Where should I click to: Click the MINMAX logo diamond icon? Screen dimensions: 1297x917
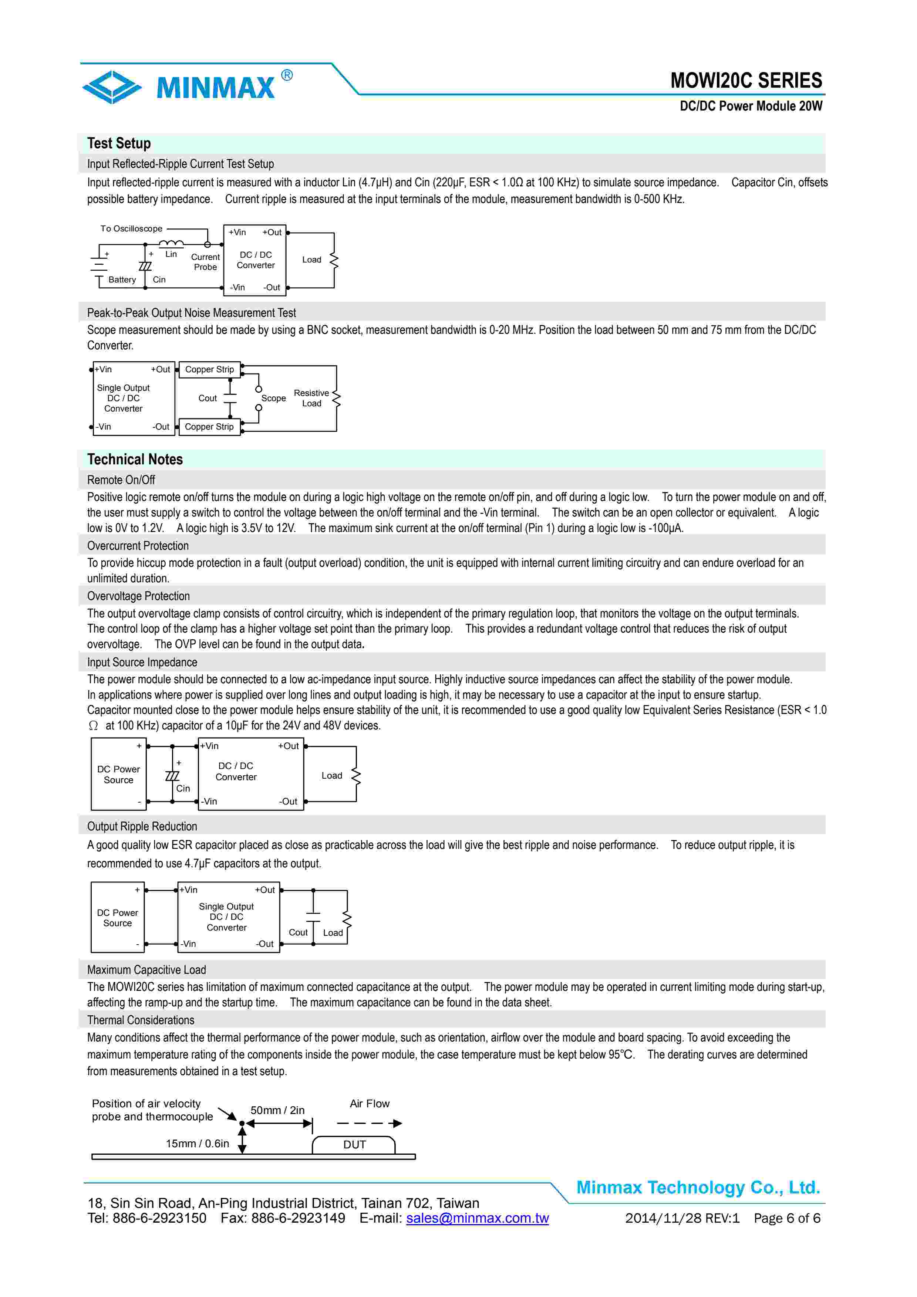[112, 87]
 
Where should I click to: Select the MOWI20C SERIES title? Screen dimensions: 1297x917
[746, 81]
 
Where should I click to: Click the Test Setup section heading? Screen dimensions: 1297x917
[119, 143]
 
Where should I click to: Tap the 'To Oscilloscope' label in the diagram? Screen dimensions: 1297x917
[131, 229]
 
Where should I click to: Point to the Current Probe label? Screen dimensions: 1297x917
[205, 262]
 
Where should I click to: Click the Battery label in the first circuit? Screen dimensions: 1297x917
[122, 280]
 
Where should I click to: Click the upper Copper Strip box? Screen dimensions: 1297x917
[209, 369]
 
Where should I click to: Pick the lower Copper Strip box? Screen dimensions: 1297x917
[209, 427]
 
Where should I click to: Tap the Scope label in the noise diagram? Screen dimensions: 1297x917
[273, 398]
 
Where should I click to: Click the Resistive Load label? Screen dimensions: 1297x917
[311, 398]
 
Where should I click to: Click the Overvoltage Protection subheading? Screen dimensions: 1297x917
[138, 596]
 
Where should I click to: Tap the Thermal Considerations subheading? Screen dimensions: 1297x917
[141, 1020]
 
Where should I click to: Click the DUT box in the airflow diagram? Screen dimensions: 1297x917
[354, 1144]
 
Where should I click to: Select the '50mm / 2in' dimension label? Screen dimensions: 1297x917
[277, 1110]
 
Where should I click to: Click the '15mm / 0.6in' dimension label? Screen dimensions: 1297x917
[197, 1143]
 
